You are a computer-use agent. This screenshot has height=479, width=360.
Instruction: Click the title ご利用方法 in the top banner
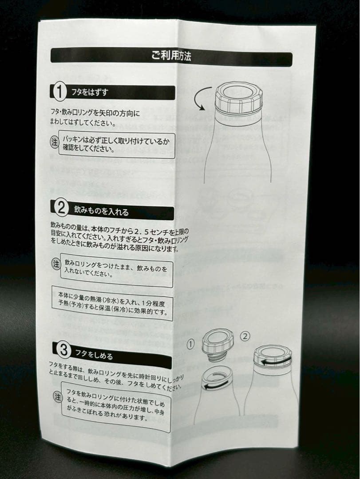(x=171, y=56)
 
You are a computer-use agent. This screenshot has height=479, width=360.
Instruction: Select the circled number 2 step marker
(x=61, y=208)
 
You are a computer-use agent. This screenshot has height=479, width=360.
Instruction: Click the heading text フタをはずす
(x=89, y=93)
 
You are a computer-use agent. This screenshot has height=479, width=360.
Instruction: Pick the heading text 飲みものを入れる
(x=101, y=210)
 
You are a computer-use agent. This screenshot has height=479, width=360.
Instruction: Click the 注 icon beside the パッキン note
(x=54, y=142)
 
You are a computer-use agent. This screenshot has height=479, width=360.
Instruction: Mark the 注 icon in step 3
(x=58, y=396)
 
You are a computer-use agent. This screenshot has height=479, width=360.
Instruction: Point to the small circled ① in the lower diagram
(x=190, y=343)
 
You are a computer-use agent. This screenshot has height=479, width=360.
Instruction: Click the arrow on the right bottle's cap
(x=275, y=360)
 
